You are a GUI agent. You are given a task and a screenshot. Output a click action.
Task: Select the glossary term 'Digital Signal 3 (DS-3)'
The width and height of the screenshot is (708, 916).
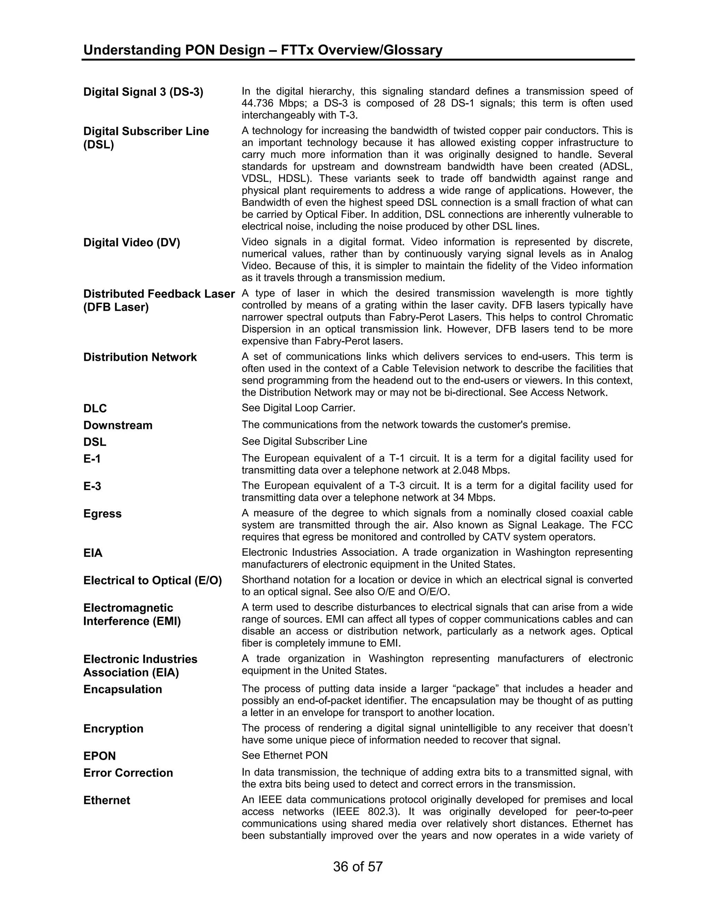(x=143, y=92)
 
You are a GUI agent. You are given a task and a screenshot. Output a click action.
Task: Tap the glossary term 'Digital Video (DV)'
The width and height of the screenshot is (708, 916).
(x=131, y=242)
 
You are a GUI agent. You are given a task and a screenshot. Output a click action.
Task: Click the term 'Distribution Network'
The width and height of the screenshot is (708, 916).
(x=140, y=357)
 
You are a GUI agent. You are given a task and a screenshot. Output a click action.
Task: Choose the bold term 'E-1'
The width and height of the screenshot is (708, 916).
(x=92, y=459)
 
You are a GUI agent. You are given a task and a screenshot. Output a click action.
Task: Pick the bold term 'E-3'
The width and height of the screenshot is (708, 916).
(x=92, y=486)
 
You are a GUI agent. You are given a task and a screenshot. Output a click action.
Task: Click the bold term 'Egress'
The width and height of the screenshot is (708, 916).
(x=102, y=514)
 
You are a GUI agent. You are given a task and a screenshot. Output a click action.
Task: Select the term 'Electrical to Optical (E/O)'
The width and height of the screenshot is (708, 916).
(x=152, y=580)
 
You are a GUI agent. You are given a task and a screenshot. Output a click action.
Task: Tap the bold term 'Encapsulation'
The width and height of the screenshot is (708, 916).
(x=122, y=689)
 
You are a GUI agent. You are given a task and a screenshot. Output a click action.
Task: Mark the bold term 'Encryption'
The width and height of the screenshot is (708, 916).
(x=113, y=729)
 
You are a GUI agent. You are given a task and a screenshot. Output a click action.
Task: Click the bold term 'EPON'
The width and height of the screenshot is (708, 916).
(x=100, y=756)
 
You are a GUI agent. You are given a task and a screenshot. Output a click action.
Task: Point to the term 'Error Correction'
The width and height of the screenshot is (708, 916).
(x=128, y=773)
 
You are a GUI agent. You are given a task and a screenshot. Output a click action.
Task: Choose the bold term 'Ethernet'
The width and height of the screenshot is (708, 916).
(x=106, y=800)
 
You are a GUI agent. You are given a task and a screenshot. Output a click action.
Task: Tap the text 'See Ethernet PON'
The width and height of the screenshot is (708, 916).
(x=285, y=755)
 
